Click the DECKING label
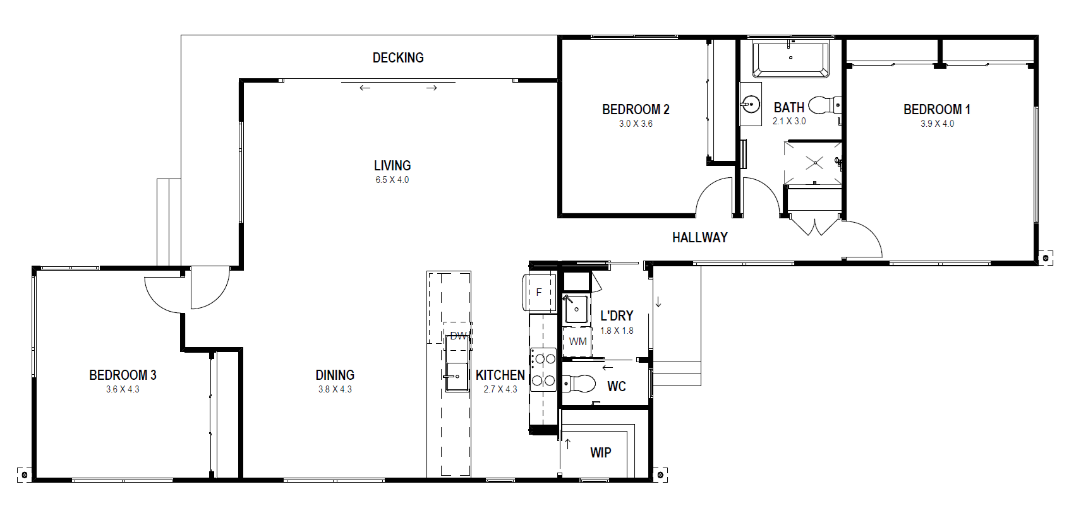(398, 58)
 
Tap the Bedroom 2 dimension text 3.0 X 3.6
(636, 124)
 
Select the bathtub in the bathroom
(790, 60)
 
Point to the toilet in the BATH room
(825, 105)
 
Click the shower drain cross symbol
(815, 163)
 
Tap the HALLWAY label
(700, 237)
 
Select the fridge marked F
(539, 292)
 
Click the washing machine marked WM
(577, 341)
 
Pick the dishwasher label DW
(458, 336)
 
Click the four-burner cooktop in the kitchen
(543, 370)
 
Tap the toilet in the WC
(579, 384)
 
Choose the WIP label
(600, 452)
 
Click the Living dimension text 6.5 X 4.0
(392, 180)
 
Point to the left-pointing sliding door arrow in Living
(365, 88)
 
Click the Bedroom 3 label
(123, 375)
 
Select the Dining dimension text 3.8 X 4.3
(335, 389)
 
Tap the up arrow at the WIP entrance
(567, 444)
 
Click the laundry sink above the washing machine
(576, 309)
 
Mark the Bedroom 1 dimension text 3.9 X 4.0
(937, 124)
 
